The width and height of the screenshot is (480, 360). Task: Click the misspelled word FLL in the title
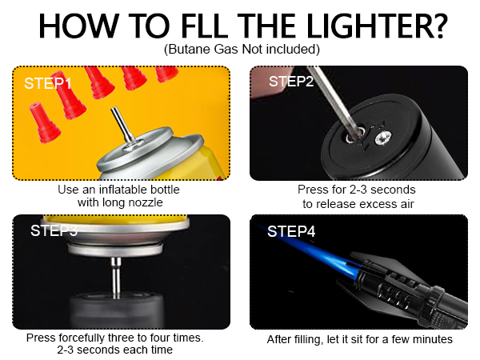tap(205, 26)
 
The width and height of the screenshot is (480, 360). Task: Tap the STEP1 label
tap(48, 83)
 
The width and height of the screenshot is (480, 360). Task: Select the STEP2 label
tap(291, 82)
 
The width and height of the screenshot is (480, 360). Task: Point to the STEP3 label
tap(54, 230)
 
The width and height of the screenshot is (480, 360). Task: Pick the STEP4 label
tap(291, 231)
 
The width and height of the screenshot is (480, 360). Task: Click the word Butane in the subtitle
tap(189, 49)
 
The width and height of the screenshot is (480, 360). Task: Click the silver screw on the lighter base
tap(382, 138)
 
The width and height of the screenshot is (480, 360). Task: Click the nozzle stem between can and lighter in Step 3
tap(116, 278)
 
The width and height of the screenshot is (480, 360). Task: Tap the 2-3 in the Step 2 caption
tap(358, 190)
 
